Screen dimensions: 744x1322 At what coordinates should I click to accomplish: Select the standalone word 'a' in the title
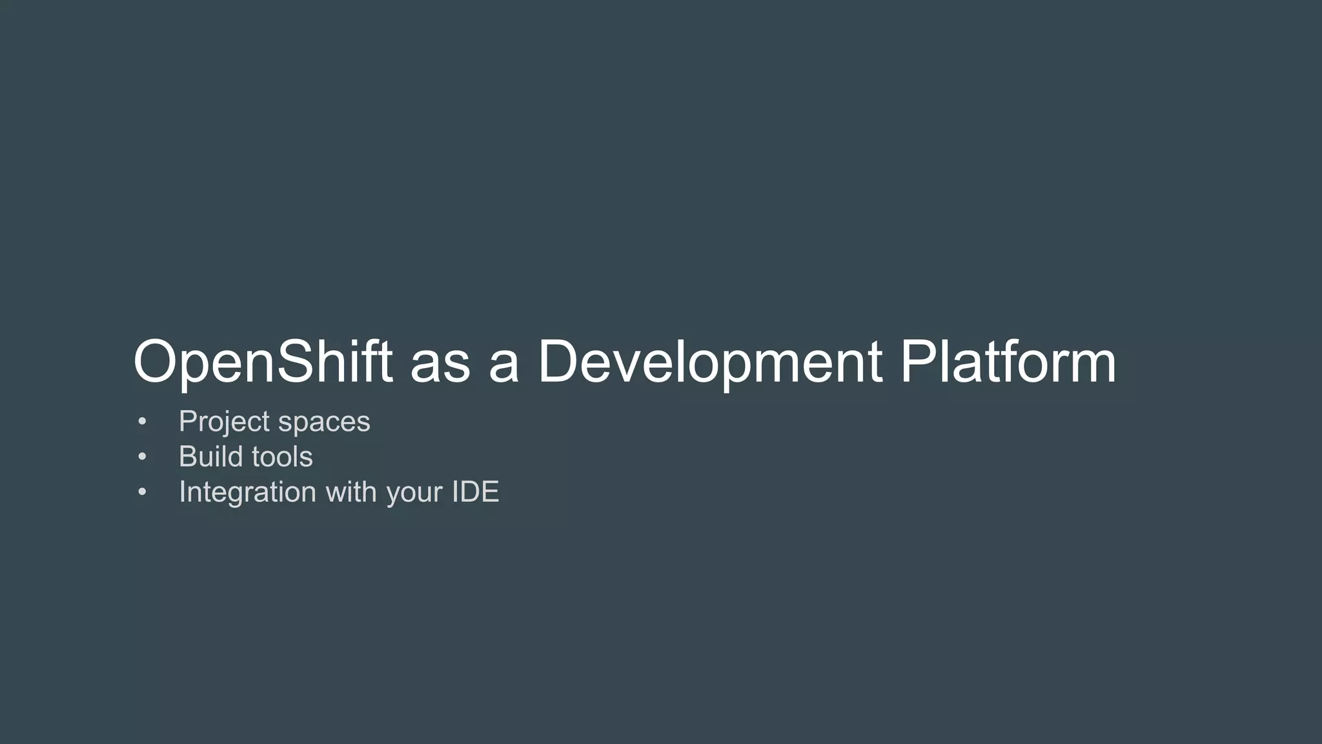point(503,366)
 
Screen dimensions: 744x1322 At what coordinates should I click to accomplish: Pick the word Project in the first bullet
point(224,422)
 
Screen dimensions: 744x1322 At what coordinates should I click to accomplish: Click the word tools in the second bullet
point(282,457)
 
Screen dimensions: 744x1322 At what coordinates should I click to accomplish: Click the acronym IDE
point(475,492)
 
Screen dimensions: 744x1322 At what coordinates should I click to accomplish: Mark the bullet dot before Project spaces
point(143,422)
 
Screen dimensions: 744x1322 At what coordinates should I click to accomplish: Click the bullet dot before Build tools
point(143,457)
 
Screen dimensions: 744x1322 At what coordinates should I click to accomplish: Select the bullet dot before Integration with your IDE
point(143,493)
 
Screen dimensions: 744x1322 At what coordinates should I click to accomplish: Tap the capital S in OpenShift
point(298,362)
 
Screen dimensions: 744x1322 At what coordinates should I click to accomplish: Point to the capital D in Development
point(562,362)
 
